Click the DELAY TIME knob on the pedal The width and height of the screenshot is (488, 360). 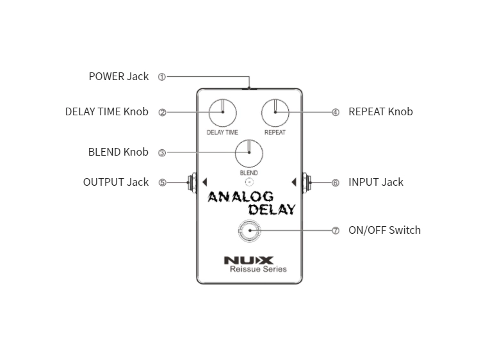222,112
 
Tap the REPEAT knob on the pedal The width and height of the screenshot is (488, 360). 275,112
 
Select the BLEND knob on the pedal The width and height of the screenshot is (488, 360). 248,153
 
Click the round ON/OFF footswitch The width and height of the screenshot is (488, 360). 248,231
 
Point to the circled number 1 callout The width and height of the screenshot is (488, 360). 161,77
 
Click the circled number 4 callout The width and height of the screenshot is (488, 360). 335,112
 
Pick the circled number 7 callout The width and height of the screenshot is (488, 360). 335,231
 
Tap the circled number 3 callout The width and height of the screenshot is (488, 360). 161,153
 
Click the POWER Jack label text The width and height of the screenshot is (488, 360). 118,76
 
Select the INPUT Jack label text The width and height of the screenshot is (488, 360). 375,182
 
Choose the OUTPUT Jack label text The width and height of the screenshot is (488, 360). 116,182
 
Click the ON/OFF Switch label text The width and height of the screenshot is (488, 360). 384,230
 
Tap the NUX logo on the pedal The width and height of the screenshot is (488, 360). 248,260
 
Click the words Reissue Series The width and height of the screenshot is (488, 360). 258,269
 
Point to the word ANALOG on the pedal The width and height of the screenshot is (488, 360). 240,197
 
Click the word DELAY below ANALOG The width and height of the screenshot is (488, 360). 272,209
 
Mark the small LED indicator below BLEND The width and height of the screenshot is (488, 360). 248,182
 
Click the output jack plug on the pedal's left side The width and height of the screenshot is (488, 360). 191,182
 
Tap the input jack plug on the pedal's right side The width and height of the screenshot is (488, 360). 306,182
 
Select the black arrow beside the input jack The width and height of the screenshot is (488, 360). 294,182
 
